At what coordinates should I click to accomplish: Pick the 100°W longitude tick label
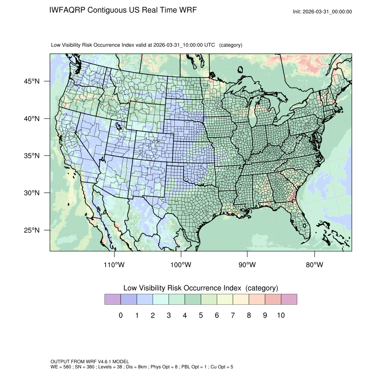181,265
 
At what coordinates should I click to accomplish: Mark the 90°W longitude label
248,265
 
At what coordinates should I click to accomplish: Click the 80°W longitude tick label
315,265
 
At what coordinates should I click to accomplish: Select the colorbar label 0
121,315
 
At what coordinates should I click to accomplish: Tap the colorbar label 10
280,315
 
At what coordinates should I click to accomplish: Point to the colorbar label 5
201,315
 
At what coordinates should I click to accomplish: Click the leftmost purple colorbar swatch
112,299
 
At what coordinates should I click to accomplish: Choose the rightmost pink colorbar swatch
289,299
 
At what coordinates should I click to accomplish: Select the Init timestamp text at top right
322,12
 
